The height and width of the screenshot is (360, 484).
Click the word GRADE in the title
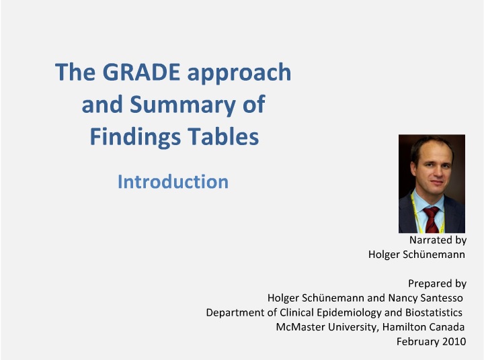[141, 72]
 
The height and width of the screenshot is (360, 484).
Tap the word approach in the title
[239, 74]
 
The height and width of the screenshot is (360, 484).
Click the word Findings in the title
[135, 138]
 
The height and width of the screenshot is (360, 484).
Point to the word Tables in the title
[223, 136]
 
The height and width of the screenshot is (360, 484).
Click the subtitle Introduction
[173, 182]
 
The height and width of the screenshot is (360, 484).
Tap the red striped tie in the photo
[432, 220]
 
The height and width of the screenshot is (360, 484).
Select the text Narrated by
[438, 240]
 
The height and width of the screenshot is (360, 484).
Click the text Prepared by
[437, 283]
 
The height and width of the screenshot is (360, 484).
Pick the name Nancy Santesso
[426, 298]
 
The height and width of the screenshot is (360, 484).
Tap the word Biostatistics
[434, 312]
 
